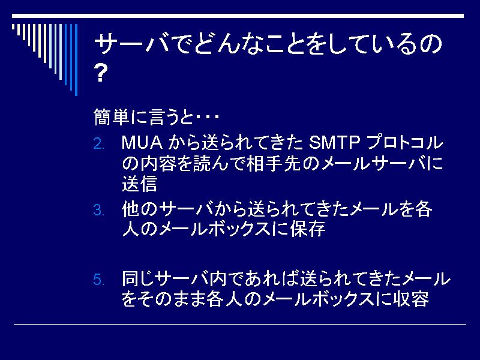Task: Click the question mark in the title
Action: tap(101, 73)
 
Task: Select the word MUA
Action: tap(142, 143)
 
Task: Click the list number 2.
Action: tap(98, 144)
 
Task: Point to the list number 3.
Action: tap(98, 211)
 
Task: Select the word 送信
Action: tap(140, 183)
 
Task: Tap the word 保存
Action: tap(308, 229)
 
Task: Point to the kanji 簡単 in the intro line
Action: tap(112, 116)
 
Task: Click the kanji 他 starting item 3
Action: tap(131, 209)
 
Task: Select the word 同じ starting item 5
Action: tap(137, 278)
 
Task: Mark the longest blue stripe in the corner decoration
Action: tap(76, 59)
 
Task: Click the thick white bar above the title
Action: tap(238, 16)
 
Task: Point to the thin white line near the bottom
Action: tap(240, 324)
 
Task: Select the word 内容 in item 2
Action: tap(158, 163)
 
